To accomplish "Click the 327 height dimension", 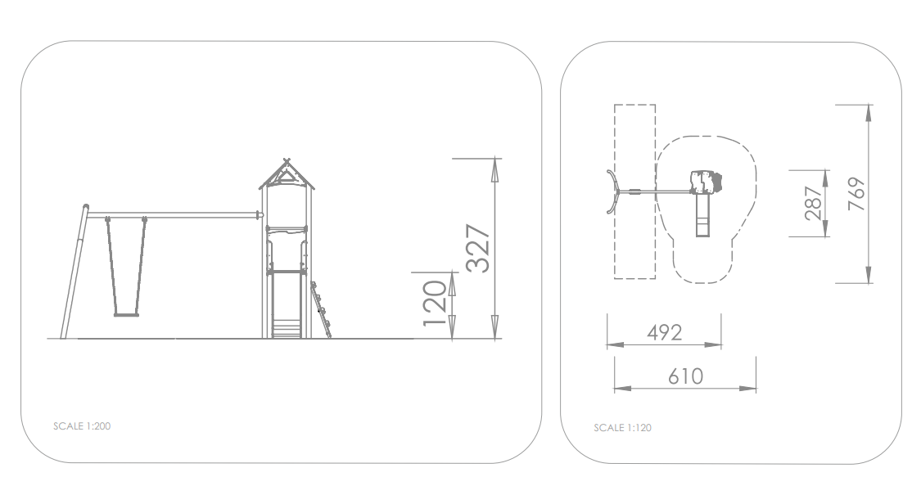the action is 478,248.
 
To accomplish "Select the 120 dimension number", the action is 435,304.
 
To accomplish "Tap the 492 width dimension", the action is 664,332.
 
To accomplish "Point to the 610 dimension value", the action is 686,376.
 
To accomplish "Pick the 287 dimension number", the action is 814,204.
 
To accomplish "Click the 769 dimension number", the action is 857,194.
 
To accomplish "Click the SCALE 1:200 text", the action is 82,426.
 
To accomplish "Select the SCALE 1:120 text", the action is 622,428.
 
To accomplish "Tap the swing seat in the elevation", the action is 126,315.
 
